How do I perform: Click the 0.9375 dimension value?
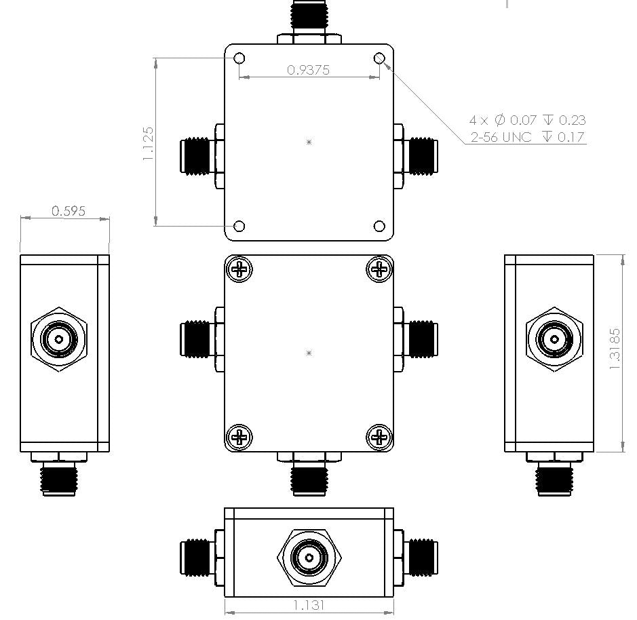point(308,69)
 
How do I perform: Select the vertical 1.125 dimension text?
point(149,142)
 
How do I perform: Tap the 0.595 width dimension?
point(69,211)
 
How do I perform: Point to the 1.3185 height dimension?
point(615,349)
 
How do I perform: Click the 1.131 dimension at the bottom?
point(309,604)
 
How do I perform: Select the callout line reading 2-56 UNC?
point(527,138)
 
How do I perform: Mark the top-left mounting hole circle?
point(239,58)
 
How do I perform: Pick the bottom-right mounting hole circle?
point(380,226)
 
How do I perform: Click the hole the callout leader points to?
point(380,58)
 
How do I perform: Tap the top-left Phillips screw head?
point(240,269)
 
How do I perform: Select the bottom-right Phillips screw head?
point(380,438)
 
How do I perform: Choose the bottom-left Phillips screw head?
point(240,438)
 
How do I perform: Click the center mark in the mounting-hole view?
point(309,142)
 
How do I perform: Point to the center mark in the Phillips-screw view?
point(309,353)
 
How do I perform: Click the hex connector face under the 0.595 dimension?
point(60,338)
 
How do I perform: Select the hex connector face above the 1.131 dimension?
point(309,558)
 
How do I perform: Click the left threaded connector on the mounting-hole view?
point(196,155)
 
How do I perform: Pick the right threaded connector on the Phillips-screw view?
point(422,338)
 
